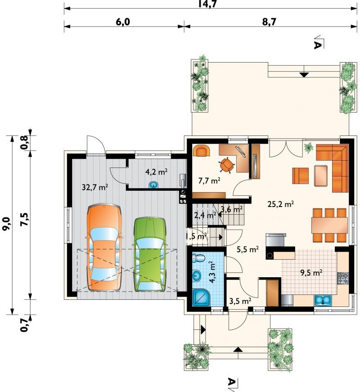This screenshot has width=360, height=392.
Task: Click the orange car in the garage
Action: pos(104,248)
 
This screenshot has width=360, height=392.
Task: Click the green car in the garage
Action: pos(149,254)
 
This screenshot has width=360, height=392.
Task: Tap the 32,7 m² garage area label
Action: pos(95,187)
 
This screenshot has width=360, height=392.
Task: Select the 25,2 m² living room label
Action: pos(280,204)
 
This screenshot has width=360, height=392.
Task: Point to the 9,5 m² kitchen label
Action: pos(311,272)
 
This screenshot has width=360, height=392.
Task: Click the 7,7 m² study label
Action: pos(209,180)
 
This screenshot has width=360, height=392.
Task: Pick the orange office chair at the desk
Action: pos(226,165)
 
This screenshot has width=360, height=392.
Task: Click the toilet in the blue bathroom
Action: pos(199,258)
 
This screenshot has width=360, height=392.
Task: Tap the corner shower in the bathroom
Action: pos(202,297)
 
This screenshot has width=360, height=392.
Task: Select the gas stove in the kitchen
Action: pos(343,278)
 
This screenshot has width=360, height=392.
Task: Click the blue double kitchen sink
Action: pos(323,300)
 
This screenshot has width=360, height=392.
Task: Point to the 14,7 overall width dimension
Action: pos(207,4)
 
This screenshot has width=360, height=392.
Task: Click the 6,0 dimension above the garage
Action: pos(123,22)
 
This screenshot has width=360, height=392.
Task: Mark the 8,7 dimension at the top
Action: pos(269,22)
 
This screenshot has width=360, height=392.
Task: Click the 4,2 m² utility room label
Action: pos(157,172)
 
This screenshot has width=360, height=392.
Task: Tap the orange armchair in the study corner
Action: pos(202,151)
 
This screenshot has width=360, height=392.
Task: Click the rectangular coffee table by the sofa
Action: pos(321,176)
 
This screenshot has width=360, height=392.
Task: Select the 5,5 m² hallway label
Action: pos(247,249)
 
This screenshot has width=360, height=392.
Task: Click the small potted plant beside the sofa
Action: pos(309,148)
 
